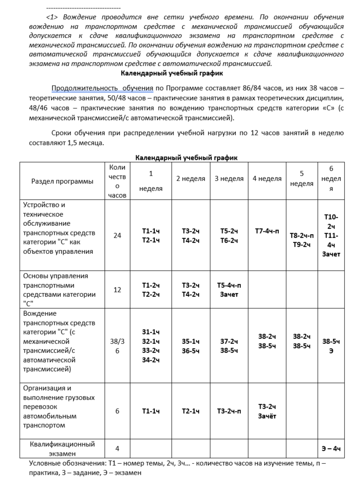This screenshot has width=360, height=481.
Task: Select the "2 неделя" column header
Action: (190, 178)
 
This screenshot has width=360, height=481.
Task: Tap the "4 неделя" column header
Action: (267, 178)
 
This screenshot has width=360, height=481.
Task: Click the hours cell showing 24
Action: (118, 235)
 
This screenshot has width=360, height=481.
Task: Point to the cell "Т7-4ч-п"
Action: (267, 231)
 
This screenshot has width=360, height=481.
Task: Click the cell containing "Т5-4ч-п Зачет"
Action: (229, 290)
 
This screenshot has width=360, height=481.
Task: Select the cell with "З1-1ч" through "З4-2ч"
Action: (151, 346)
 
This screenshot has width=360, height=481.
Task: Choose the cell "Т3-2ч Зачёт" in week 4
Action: (267, 411)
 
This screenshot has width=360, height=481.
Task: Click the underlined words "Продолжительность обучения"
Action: (103, 88)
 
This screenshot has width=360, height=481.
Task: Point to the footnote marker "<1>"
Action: (53, 17)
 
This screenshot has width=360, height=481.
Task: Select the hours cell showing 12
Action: (118, 290)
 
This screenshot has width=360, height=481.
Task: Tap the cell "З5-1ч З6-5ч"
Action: (190, 346)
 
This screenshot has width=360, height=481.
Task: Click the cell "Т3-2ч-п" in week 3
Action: (229, 411)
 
